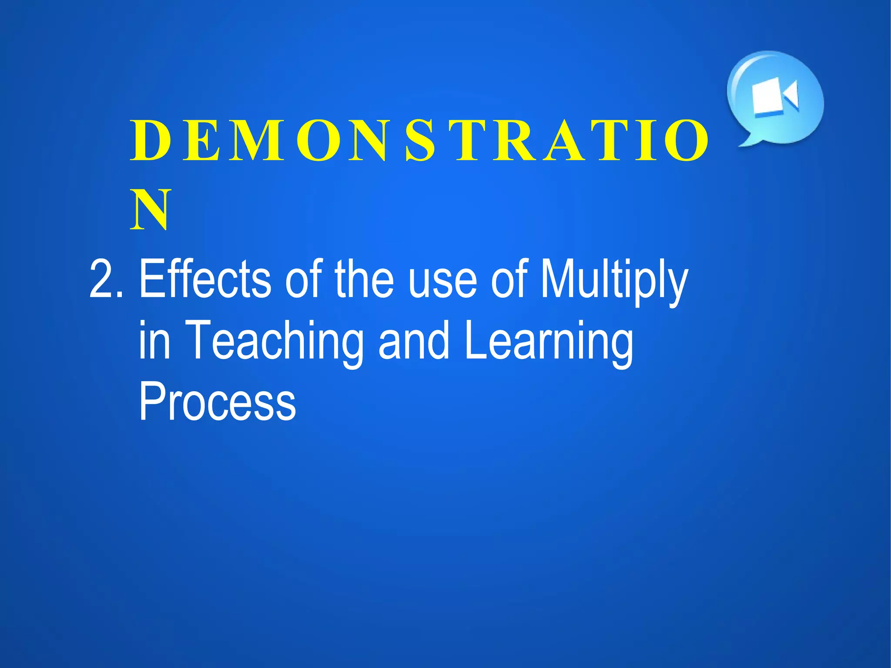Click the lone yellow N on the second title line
[150, 210]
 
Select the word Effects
[204, 279]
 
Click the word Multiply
[613, 281]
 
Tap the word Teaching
[274, 342]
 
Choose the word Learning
[549, 342]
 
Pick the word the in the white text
[364, 279]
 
